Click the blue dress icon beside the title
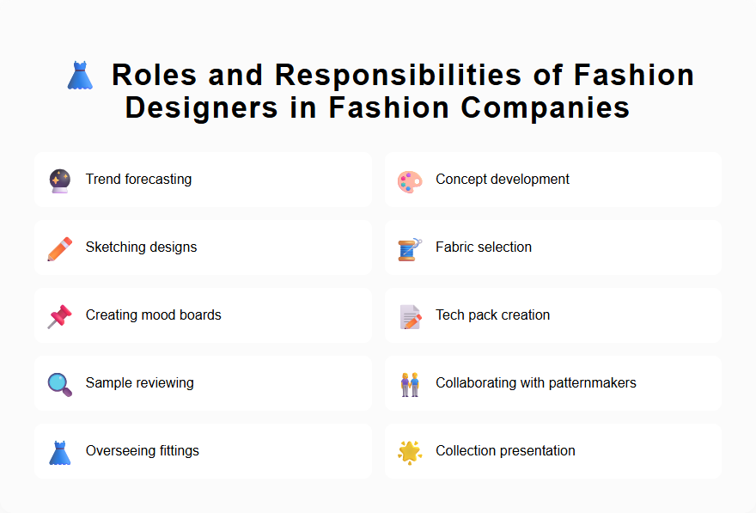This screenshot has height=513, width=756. click(x=80, y=75)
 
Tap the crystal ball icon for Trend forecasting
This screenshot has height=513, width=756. click(x=59, y=180)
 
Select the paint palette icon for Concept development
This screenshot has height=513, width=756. click(x=410, y=180)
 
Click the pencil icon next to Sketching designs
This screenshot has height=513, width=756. click(x=59, y=248)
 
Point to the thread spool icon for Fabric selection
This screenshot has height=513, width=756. click(x=409, y=248)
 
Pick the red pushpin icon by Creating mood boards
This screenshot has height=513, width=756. click(x=59, y=316)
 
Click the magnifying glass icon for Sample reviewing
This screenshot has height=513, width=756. click(x=59, y=383)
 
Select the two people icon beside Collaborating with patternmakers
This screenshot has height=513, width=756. click(x=410, y=383)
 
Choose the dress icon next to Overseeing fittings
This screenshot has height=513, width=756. click(x=59, y=451)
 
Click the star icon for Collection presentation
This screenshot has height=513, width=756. click(x=410, y=451)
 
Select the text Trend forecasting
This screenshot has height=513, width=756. click(x=138, y=180)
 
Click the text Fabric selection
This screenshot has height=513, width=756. click(x=484, y=247)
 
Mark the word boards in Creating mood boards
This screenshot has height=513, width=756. click(x=200, y=315)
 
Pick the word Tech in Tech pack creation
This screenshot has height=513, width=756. click(x=449, y=315)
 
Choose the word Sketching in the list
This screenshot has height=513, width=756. click(x=114, y=247)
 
